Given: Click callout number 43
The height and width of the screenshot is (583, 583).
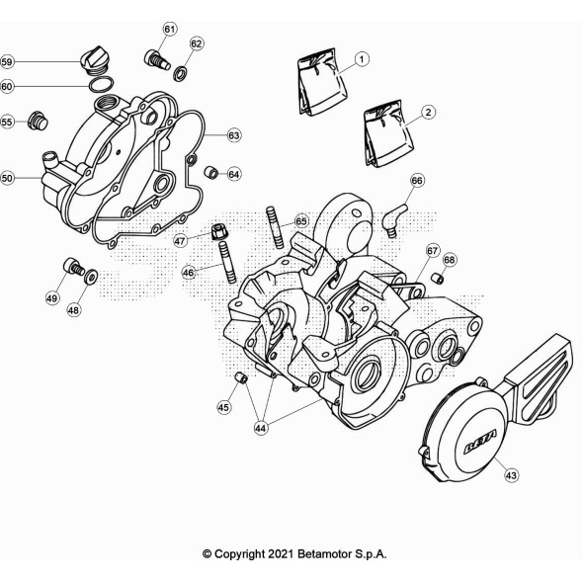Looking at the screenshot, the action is [x=511, y=475].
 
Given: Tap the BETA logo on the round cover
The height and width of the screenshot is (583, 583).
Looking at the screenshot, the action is [x=480, y=442].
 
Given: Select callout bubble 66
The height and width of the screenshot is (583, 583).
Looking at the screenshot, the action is [x=417, y=181].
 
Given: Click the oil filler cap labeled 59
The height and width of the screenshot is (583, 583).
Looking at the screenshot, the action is [x=96, y=60].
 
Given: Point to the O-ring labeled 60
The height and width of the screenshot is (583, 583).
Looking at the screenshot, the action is [x=101, y=85].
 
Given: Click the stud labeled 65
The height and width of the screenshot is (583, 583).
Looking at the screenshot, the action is [x=275, y=227].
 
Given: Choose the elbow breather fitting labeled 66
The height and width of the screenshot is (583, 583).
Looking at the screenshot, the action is [x=394, y=218].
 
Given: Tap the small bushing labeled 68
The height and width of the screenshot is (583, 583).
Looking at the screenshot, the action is [x=437, y=278].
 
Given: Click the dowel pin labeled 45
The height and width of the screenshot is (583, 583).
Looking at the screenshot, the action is [x=241, y=377].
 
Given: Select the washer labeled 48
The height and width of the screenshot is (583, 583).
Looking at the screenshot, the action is [x=91, y=277].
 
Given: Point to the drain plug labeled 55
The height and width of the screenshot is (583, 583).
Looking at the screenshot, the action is [x=38, y=121].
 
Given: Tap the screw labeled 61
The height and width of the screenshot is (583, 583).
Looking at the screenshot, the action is [x=157, y=59].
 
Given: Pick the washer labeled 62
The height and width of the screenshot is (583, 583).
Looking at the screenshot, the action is [x=181, y=73].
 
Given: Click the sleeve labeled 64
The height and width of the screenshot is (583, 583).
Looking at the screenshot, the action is [x=210, y=172].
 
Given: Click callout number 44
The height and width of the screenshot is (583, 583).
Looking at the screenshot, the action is [x=261, y=428].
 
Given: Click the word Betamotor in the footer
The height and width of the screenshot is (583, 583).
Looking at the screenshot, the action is [x=324, y=554].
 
